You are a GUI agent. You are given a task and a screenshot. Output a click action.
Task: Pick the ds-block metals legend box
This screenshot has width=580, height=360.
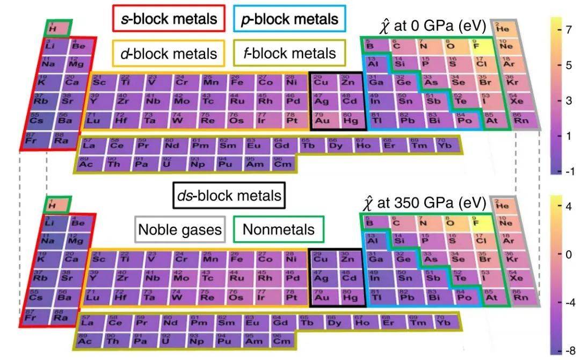pyautogui.click(x=228, y=196)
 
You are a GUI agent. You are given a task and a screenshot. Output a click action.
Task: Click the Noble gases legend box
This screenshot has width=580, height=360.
pyautogui.click(x=180, y=229)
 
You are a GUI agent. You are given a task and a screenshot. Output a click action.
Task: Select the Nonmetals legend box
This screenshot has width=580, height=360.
pyautogui.click(x=278, y=229)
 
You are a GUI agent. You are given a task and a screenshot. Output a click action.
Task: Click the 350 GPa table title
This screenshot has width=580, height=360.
pyautogui.click(x=424, y=203)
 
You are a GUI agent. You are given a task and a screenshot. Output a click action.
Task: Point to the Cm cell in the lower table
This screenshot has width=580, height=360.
pyautogui.click(x=282, y=341)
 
